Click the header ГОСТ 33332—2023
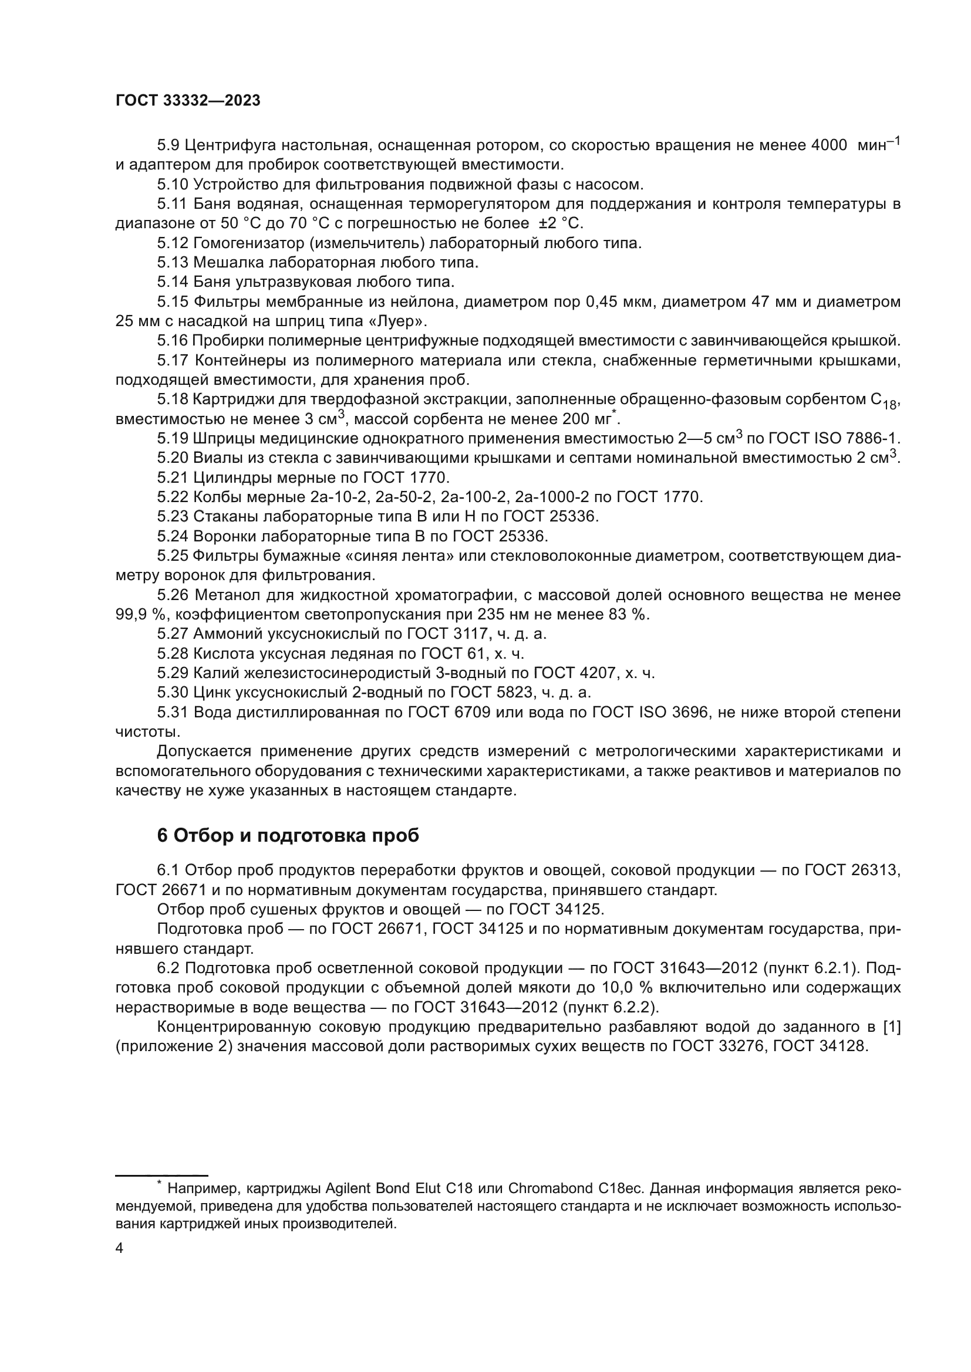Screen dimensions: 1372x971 (x=188, y=101)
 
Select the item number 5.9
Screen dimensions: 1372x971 (x=168, y=145)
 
